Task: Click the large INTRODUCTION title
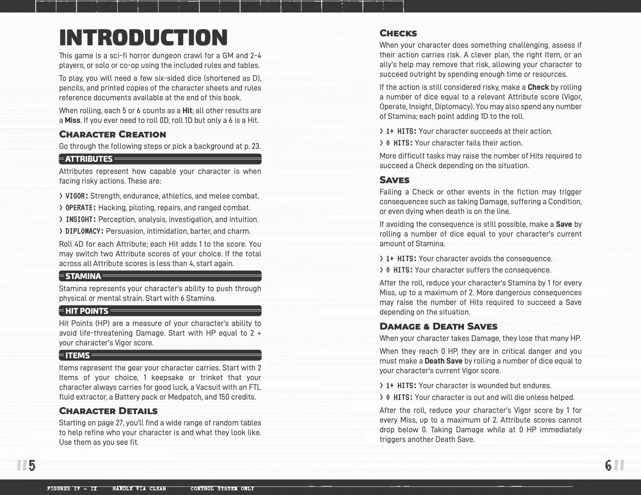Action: click(x=143, y=38)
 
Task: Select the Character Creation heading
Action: click(x=112, y=134)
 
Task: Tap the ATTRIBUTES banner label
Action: click(x=89, y=159)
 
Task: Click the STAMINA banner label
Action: click(x=83, y=276)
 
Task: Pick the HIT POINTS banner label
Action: click(x=87, y=311)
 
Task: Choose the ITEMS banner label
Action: click(x=77, y=355)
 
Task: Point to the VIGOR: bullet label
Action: click(x=76, y=196)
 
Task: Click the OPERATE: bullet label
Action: click(x=81, y=208)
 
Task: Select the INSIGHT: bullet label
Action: click(x=81, y=220)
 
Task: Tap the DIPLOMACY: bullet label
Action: click(x=84, y=231)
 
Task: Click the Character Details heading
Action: click(x=108, y=411)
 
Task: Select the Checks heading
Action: click(x=398, y=33)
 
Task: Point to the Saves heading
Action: click(x=394, y=180)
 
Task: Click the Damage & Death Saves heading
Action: click(x=438, y=326)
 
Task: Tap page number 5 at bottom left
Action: click(x=32, y=465)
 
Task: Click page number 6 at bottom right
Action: click(x=608, y=465)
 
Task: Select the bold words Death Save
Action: click(x=443, y=361)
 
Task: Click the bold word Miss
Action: click(x=72, y=121)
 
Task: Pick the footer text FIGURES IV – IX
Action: click(x=72, y=489)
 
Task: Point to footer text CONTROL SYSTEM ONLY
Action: click(x=222, y=489)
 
